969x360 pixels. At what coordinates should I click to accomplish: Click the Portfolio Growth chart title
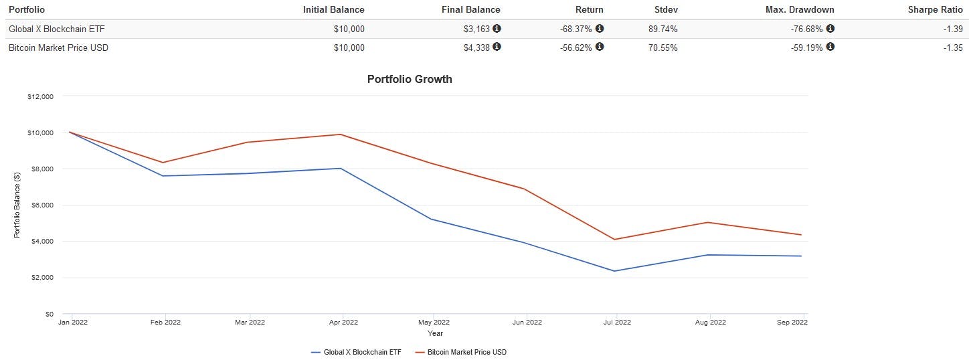point(410,79)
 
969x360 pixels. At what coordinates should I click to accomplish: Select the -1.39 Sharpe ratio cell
point(953,29)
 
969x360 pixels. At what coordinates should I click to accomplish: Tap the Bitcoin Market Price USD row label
point(58,48)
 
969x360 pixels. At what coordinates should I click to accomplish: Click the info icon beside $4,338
point(497,47)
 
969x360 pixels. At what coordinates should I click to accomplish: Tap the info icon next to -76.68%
point(830,28)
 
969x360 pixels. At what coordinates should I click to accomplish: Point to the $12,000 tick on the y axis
point(41,96)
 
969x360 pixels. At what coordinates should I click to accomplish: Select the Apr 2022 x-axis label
point(342,322)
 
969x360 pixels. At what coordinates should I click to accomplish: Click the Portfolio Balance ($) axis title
point(17,205)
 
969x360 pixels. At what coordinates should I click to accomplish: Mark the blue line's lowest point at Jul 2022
point(614,271)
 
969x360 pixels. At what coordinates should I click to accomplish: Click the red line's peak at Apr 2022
point(342,134)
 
